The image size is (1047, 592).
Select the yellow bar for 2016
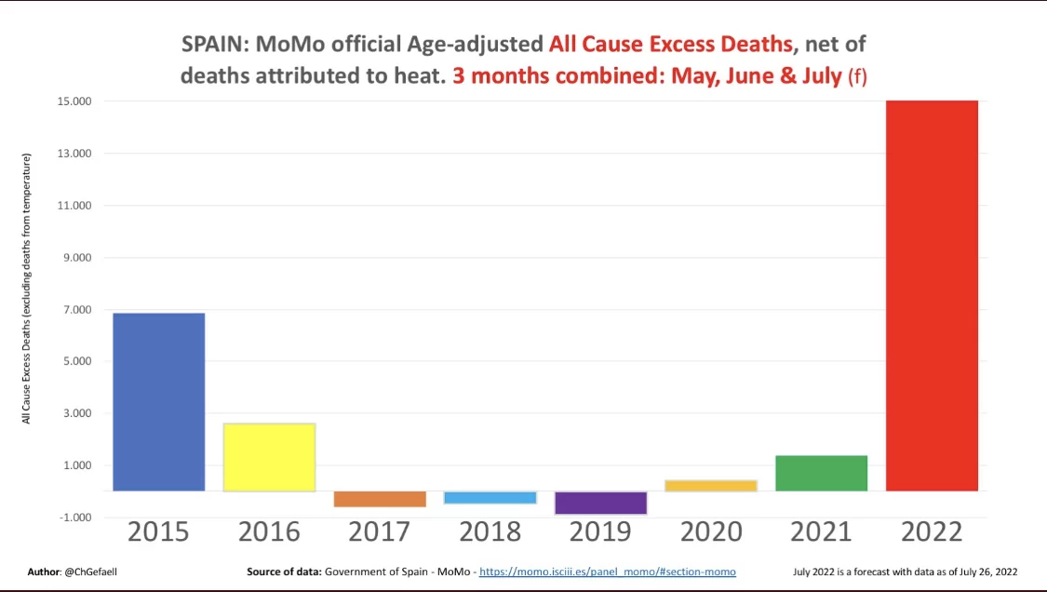269,457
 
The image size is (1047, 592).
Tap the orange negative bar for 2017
380,499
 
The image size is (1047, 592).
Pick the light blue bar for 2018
490,497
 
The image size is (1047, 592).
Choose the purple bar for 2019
600,503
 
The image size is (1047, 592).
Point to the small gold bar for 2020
711,485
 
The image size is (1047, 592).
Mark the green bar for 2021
821,473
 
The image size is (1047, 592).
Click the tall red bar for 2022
932,295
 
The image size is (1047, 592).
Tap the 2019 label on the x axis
600,531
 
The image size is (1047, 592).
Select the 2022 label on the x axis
932,531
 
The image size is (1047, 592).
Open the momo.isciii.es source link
607,572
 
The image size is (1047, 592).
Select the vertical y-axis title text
27,289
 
